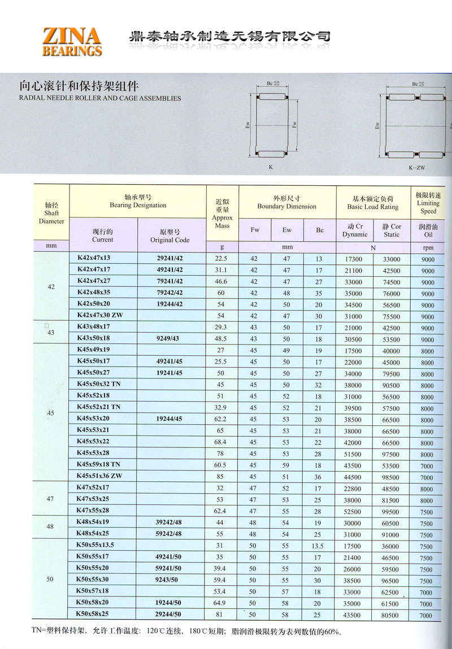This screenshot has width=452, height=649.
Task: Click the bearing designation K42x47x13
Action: [x=95, y=258]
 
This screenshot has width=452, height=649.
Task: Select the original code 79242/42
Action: [x=169, y=293]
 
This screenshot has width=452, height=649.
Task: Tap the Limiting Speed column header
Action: [x=428, y=202]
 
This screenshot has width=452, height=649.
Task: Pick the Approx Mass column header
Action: [x=222, y=213]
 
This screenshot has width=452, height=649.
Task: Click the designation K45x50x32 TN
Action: [x=99, y=384]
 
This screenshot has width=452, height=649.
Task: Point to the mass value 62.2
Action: [x=220, y=420]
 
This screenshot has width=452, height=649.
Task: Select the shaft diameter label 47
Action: [x=51, y=499]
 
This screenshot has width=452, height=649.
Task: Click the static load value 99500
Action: [x=391, y=512]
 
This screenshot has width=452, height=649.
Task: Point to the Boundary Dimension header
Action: [x=287, y=202]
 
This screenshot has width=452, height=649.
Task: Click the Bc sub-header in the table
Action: [x=320, y=230]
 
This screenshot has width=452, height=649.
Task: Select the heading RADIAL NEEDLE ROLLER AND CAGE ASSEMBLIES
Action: [x=100, y=98]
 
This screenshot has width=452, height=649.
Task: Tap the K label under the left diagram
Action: [x=271, y=167]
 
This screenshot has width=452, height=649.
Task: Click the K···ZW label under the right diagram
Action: [x=417, y=168]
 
